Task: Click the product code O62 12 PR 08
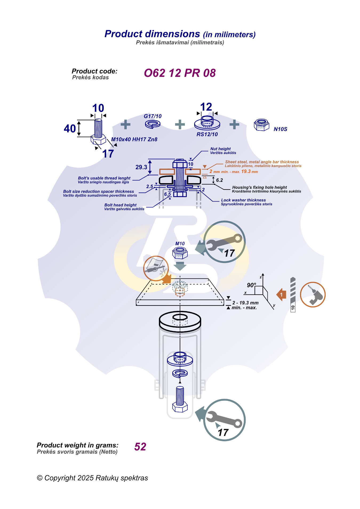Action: (x=180, y=73)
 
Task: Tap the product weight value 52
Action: (x=140, y=447)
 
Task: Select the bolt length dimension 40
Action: (x=70, y=129)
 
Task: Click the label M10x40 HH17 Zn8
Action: (x=134, y=139)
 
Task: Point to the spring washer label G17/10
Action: (x=153, y=116)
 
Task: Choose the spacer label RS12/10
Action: (x=207, y=134)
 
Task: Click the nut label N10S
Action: (x=280, y=129)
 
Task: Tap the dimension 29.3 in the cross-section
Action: (x=141, y=167)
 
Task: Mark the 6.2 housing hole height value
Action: (x=219, y=180)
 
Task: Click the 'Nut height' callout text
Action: (x=221, y=149)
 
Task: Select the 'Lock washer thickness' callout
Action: (x=243, y=200)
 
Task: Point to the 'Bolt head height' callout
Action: (x=121, y=205)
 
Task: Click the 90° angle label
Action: (x=251, y=285)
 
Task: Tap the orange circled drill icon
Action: (x=313, y=294)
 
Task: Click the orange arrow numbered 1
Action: (x=281, y=295)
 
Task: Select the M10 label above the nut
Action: (x=180, y=243)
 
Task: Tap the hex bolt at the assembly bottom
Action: (x=180, y=400)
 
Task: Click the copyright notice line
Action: (x=92, y=478)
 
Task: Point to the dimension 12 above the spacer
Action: (x=206, y=107)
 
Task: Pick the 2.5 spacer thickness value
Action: (x=150, y=186)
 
